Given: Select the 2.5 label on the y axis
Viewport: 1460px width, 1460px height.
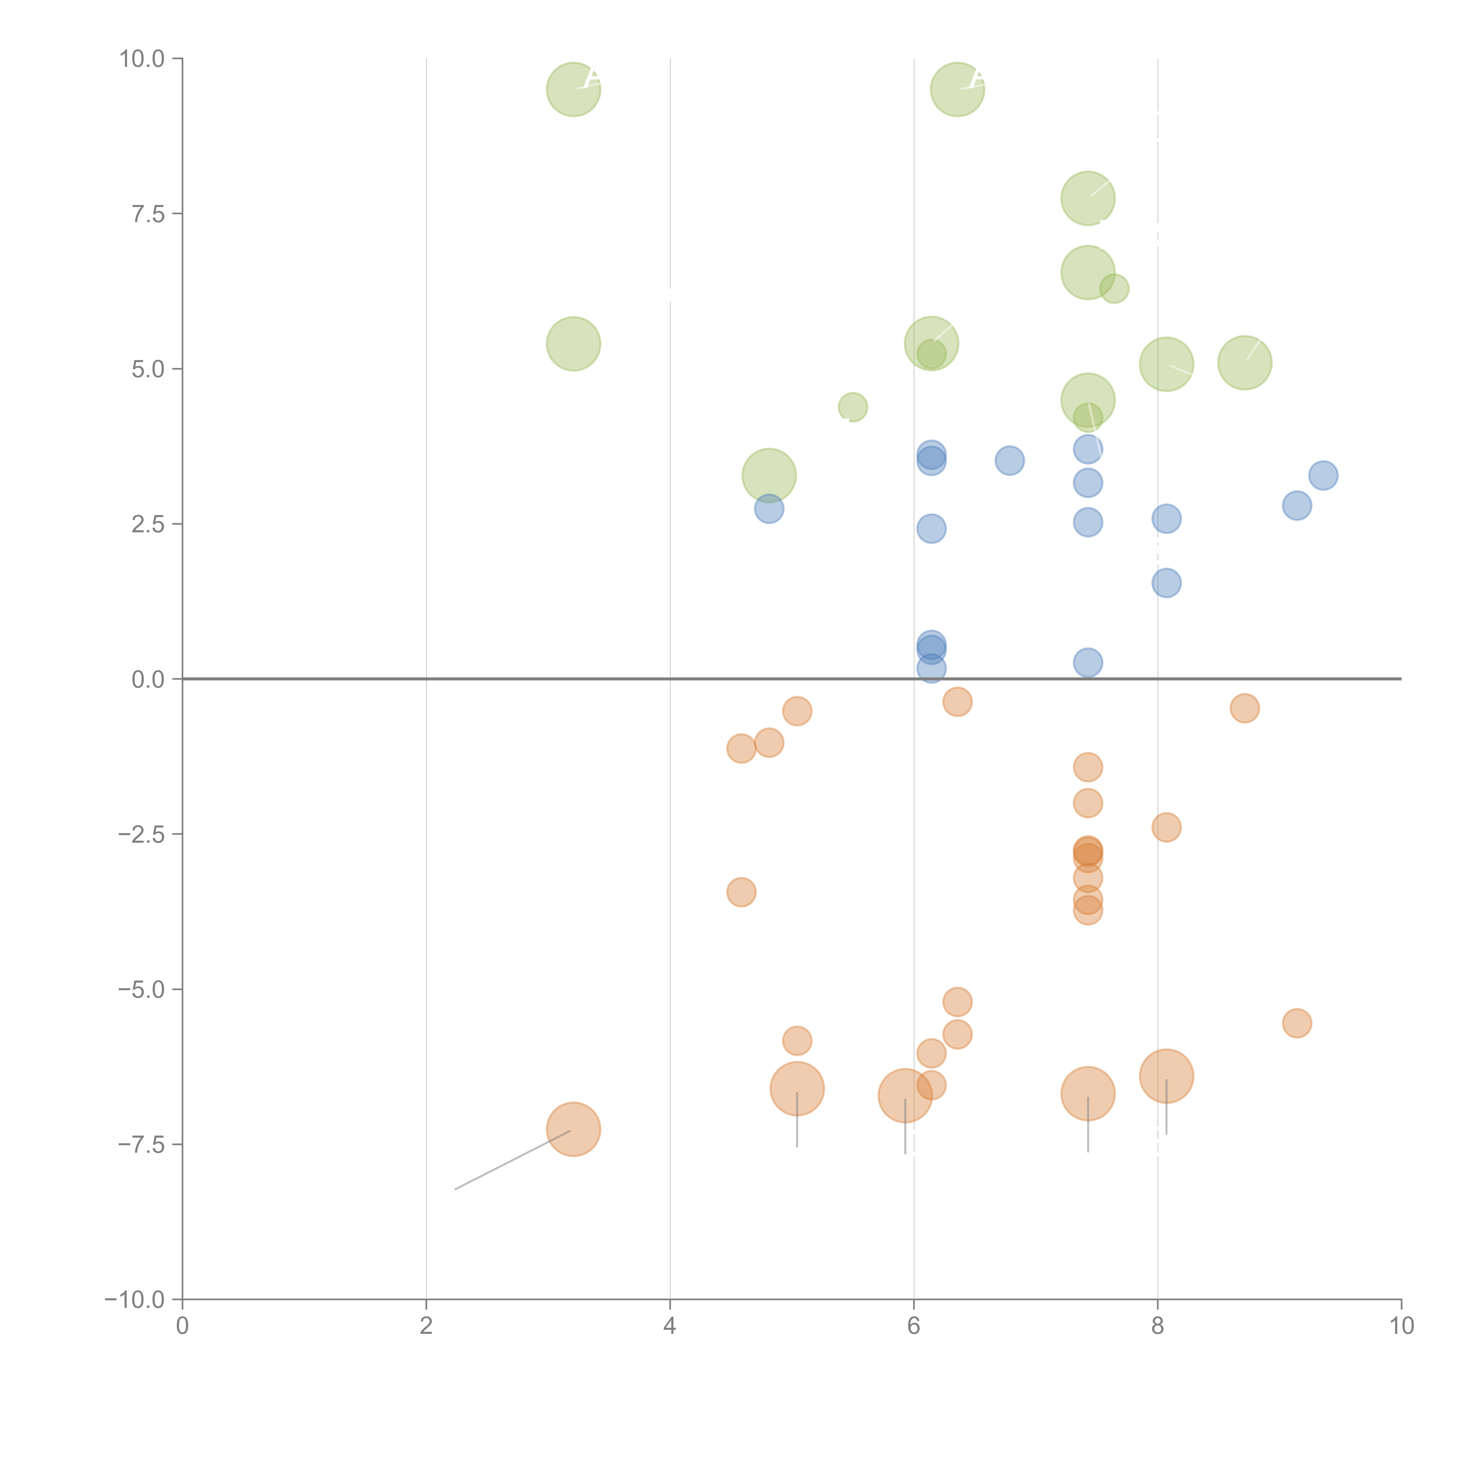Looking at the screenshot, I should coord(148,524).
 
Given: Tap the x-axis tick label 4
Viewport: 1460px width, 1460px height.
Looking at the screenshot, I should coord(670,1326).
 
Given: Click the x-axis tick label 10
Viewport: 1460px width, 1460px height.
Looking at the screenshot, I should coord(1401,1326).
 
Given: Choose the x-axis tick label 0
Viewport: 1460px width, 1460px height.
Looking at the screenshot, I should coord(182,1326).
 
